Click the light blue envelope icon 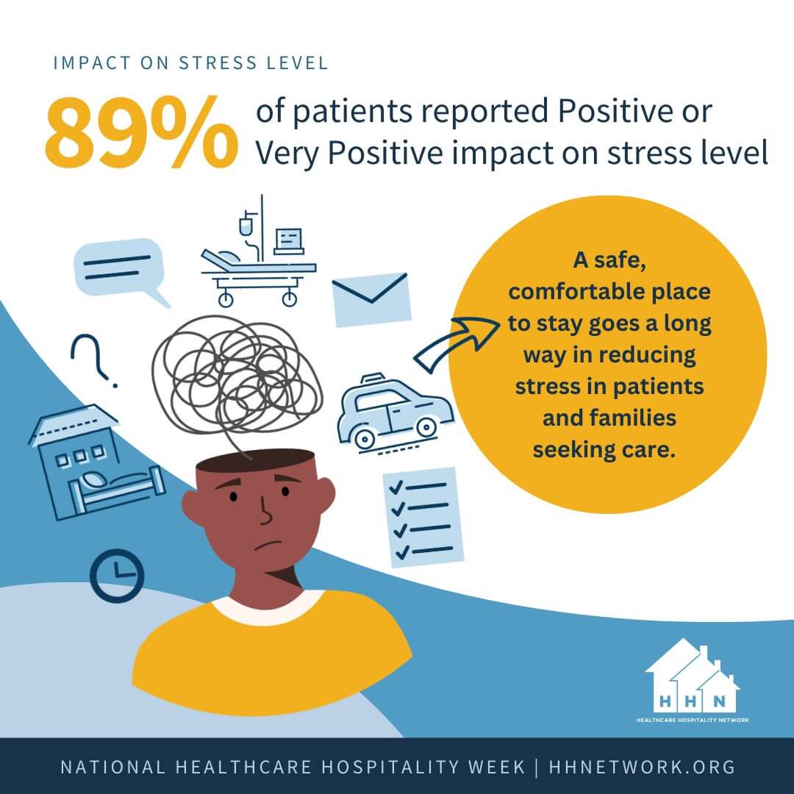[371, 298]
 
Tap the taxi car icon [394, 412]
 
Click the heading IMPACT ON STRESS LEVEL [190, 62]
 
